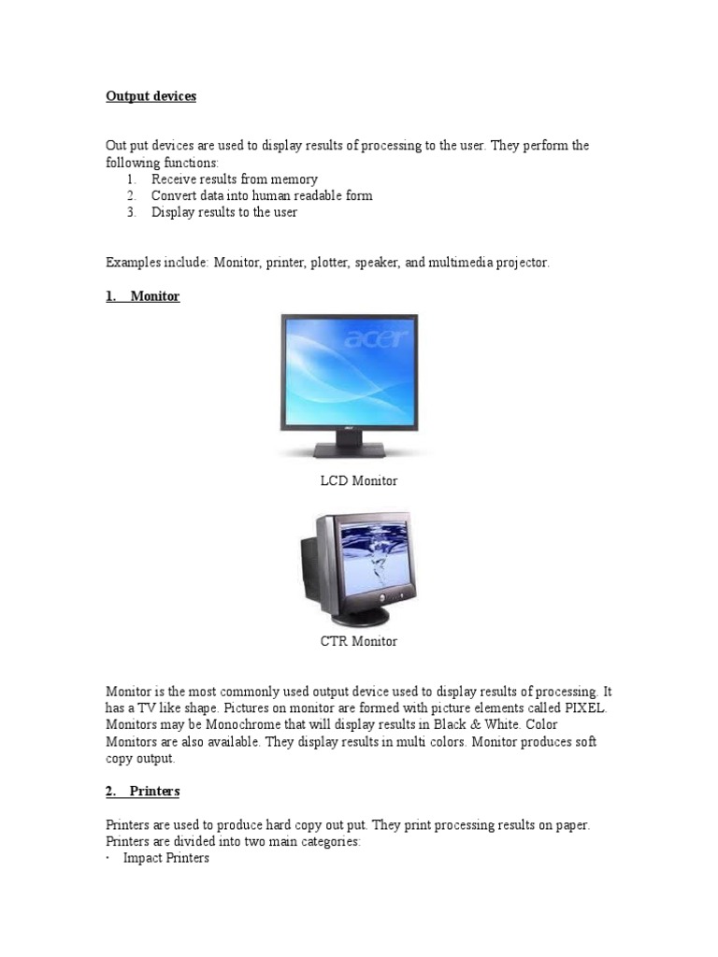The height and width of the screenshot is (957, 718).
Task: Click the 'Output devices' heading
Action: click(x=151, y=96)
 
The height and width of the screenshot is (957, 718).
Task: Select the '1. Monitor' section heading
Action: click(x=142, y=296)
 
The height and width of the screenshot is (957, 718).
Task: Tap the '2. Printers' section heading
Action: click(x=142, y=792)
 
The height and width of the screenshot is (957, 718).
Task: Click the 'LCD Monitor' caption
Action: click(x=359, y=480)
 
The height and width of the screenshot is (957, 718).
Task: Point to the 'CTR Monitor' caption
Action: click(x=359, y=641)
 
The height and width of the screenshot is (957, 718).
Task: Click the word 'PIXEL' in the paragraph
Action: click(x=583, y=708)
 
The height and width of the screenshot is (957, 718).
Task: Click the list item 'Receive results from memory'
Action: click(x=235, y=179)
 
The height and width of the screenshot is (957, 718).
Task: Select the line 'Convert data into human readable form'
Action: click(x=262, y=195)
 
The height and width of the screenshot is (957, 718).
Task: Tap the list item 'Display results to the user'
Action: click(x=224, y=212)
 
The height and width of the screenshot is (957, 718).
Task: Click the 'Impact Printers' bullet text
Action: click(x=166, y=858)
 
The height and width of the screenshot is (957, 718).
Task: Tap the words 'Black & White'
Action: click(x=460, y=725)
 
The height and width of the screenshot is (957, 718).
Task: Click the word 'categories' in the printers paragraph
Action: click(x=330, y=842)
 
